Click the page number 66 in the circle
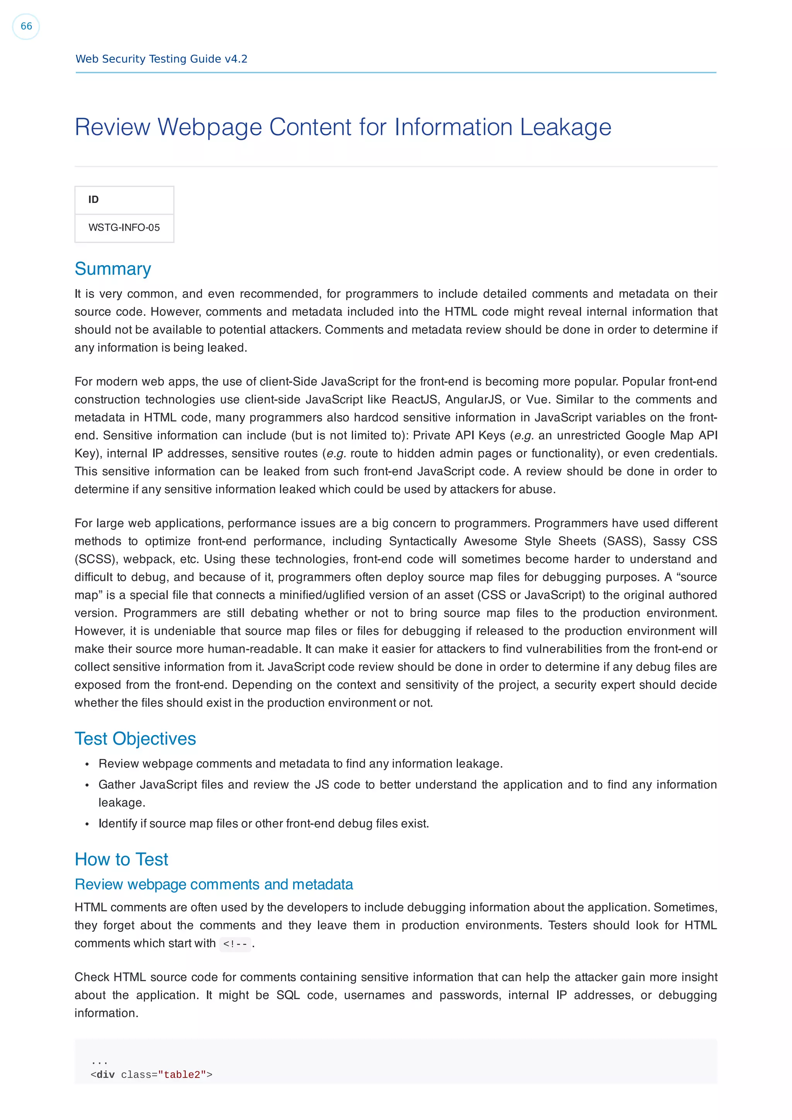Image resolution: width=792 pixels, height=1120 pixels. click(26, 26)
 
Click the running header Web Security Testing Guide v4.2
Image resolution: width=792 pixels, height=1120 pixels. click(161, 59)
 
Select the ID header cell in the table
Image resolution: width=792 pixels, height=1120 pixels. click(93, 199)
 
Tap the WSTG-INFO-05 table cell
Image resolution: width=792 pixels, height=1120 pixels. click(124, 228)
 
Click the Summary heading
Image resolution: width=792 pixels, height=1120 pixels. click(113, 269)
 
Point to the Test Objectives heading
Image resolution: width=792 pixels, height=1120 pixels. click(135, 739)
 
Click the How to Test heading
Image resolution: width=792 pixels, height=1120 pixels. click(121, 859)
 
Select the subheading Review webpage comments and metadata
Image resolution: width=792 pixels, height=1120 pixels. click(214, 884)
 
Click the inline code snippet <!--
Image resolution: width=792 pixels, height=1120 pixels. click(235, 944)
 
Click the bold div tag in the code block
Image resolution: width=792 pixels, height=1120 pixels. click(106, 1075)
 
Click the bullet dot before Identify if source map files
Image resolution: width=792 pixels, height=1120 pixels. click(87, 824)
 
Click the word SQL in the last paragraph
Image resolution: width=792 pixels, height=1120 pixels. click(288, 995)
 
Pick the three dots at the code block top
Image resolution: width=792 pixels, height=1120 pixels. click(99, 1062)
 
